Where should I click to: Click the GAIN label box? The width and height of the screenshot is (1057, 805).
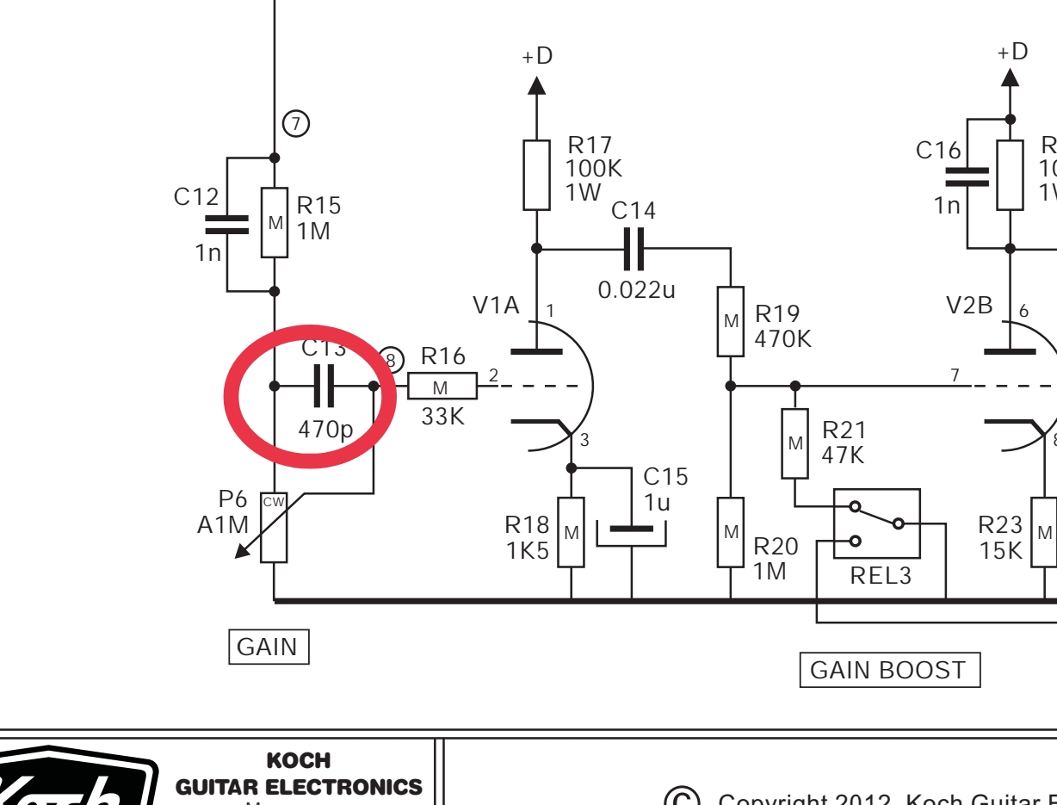pyautogui.click(x=268, y=647)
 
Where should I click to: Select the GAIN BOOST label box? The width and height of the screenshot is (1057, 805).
pyautogui.click(x=889, y=670)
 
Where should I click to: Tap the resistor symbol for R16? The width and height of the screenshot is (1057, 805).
pyautogui.click(x=442, y=387)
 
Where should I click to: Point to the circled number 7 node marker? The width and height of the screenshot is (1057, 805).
pyautogui.click(x=296, y=124)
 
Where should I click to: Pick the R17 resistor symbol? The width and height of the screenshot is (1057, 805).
pyautogui.click(x=536, y=175)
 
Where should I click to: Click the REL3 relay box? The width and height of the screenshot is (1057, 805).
pyautogui.click(x=876, y=523)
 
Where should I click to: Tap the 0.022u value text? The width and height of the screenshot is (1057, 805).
pyautogui.click(x=637, y=290)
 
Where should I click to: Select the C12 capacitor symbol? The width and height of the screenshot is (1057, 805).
pyautogui.click(x=226, y=224)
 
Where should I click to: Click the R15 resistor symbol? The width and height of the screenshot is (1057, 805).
pyautogui.click(x=275, y=222)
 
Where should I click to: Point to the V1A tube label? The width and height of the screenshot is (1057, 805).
pyautogui.click(x=496, y=305)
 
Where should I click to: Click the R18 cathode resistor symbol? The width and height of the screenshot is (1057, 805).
pyautogui.click(x=571, y=532)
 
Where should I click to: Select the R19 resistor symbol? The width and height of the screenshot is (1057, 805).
pyautogui.click(x=731, y=321)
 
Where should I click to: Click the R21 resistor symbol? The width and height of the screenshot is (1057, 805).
pyautogui.click(x=794, y=443)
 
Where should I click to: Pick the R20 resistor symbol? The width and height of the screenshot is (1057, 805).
pyautogui.click(x=731, y=532)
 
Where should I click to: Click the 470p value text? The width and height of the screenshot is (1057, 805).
pyautogui.click(x=325, y=429)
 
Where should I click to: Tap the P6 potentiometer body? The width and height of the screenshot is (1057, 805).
pyautogui.click(x=274, y=527)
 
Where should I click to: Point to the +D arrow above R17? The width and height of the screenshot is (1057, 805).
pyautogui.click(x=536, y=84)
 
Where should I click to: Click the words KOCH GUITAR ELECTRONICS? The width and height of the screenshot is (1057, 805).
pyautogui.click(x=299, y=775)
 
